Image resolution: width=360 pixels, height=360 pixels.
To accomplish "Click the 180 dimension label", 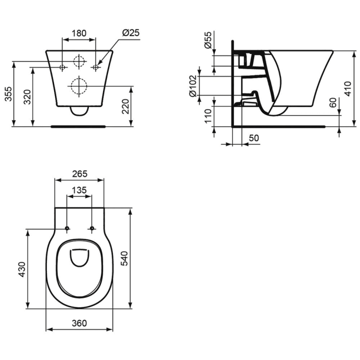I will tap(78, 33).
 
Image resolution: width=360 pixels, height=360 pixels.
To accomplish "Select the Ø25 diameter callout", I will tap(131, 33).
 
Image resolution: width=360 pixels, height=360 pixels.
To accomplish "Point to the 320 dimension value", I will tap(28, 96).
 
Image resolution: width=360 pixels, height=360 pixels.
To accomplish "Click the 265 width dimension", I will tap(80, 174).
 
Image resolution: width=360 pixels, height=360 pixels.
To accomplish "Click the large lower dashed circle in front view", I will tap(79, 86).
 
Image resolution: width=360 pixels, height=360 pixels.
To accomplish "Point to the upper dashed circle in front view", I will tap(79, 61).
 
